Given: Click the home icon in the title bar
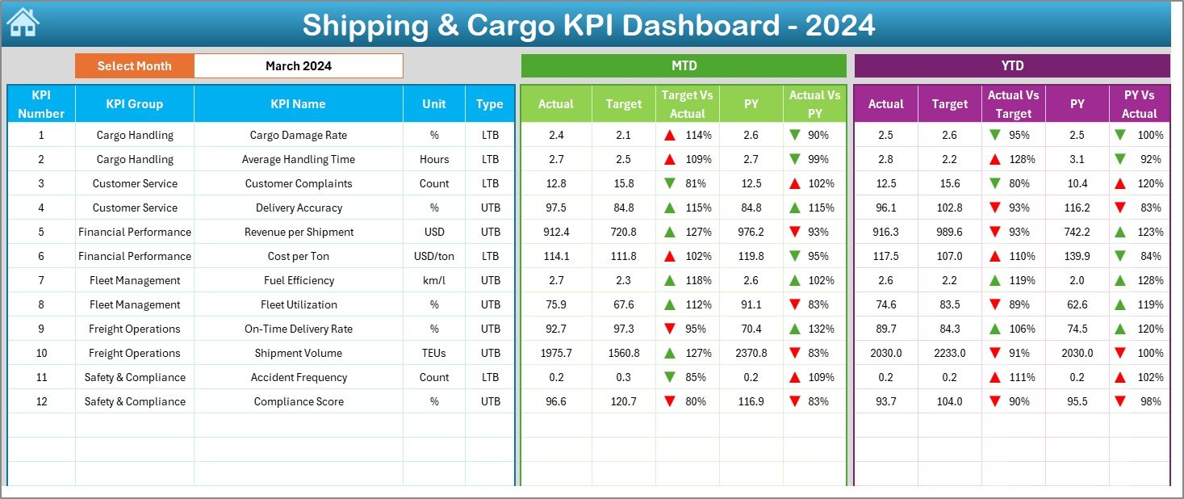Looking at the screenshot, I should click(23, 23).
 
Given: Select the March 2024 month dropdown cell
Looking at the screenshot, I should click(299, 66).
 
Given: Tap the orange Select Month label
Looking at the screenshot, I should click(135, 66).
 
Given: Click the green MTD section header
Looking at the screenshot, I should click(684, 66).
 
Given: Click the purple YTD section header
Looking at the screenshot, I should click(1012, 66).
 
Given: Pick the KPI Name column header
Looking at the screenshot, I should click(299, 104).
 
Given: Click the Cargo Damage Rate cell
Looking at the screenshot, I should click(299, 135).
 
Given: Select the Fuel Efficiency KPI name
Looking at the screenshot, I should click(299, 280).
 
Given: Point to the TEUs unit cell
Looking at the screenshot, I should click(434, 353).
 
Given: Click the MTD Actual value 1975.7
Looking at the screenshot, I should click(555, 353).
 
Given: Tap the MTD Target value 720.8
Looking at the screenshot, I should click(623, 232).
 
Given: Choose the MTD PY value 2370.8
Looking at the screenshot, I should click(751, 353).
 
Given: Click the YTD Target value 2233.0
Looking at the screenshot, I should click(949, 353).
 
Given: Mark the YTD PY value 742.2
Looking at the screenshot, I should click(1077, 232).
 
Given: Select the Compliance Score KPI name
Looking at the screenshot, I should click(299, 401).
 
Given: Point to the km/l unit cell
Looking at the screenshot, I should click(434, 280).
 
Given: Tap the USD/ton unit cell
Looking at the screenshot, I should click(434, 256).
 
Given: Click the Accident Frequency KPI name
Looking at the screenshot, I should click(299, 377).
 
